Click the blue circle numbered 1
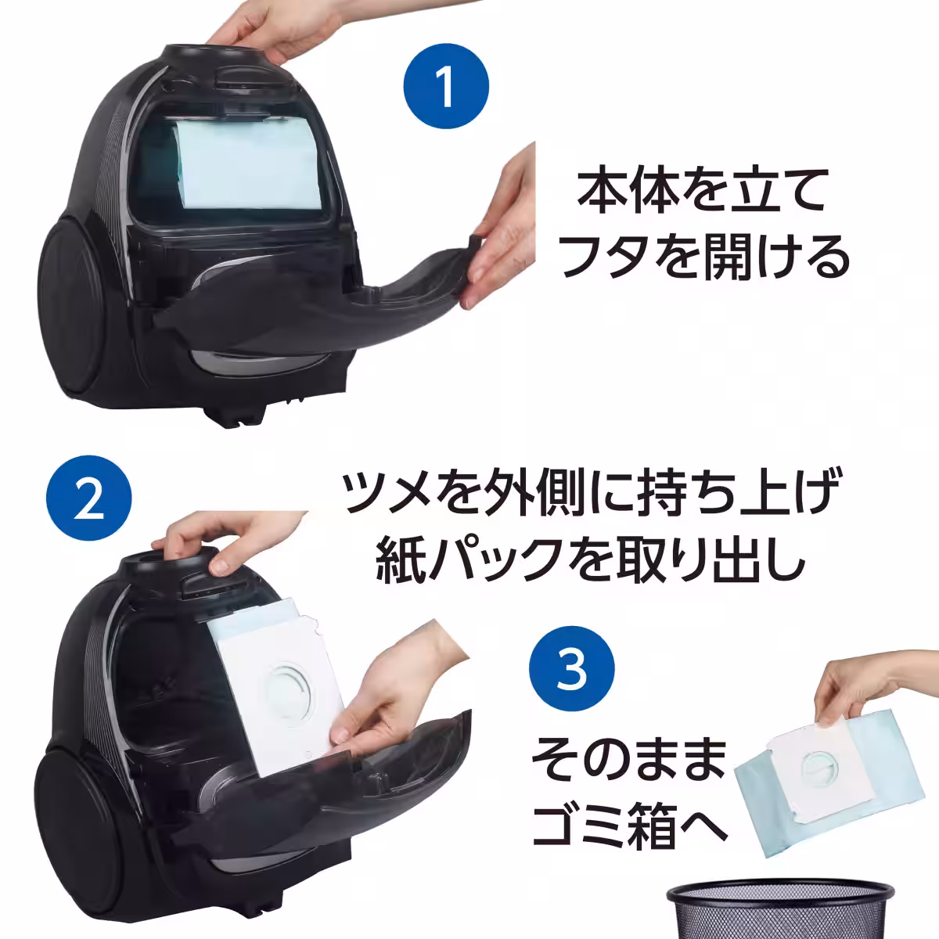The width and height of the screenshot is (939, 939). click(446, 87)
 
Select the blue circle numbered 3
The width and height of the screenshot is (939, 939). click(572, 671)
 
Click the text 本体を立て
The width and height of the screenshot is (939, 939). click(703, 192)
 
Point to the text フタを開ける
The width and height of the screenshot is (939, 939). click(704, 259)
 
